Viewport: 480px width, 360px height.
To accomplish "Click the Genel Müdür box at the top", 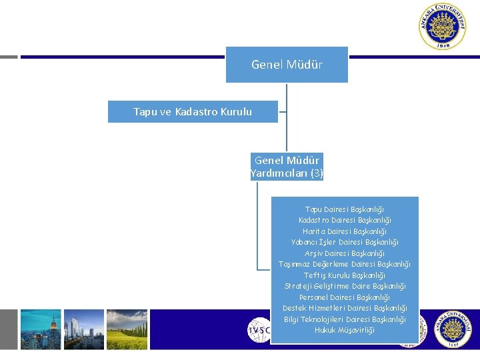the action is [x=287, y=65].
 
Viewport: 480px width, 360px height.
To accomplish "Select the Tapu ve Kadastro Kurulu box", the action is [x=193, y=111].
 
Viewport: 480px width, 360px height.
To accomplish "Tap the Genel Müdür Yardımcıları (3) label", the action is [x=287, y=167].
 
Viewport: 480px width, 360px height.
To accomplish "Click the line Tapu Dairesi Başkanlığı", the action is [x=345, y=209].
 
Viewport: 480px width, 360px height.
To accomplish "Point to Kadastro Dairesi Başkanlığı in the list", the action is [x=345, y=220].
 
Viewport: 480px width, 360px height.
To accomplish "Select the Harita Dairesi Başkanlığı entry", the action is [x=345, y=231].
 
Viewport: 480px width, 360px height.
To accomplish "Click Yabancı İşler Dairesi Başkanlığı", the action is [x=345, y=242].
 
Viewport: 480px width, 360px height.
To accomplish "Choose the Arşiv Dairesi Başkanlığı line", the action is [x=345, y=253].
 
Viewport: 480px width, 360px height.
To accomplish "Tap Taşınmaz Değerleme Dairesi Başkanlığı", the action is [x=345, y=264].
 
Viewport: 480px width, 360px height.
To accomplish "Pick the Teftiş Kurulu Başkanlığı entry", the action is [x=345, y=275].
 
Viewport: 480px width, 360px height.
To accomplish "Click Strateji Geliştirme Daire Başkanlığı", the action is [x=345, y=286].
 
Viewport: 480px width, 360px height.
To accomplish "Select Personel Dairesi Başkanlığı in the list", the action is [x=345, y=297].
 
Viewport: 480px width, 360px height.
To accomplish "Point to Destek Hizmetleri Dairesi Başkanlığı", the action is [x=345, y=308].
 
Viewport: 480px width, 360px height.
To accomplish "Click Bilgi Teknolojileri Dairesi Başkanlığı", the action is [x=345, y=319].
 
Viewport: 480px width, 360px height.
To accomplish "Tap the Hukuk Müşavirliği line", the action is [x=345, y=330].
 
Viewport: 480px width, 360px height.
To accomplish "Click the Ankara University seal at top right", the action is [x=442, y=27].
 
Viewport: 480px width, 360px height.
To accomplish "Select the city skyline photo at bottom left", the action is [x=40, y=329].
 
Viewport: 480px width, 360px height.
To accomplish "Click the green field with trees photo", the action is [x=127, y=329].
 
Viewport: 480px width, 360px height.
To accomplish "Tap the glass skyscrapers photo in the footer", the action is [x=84, y=329].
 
